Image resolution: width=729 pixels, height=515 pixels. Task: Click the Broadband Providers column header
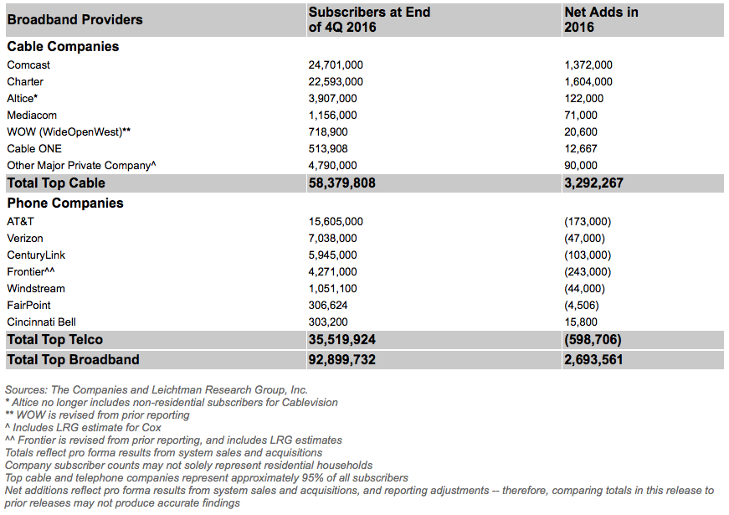tap(75, 19)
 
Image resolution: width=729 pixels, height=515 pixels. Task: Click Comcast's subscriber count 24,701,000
tap(336, 64)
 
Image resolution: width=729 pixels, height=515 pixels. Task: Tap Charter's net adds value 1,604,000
tap(588, 81)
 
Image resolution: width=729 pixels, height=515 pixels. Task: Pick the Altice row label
tap(23, 98)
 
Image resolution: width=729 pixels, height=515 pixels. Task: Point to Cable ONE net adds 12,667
tap(582, 148)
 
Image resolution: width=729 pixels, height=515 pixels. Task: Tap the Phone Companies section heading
tap(65, 203)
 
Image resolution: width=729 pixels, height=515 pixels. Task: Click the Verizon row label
tap(25, 238)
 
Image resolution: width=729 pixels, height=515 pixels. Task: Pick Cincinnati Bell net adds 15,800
tap(582, 322)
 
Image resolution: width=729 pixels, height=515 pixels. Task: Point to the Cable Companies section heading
tap(63, 47)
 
